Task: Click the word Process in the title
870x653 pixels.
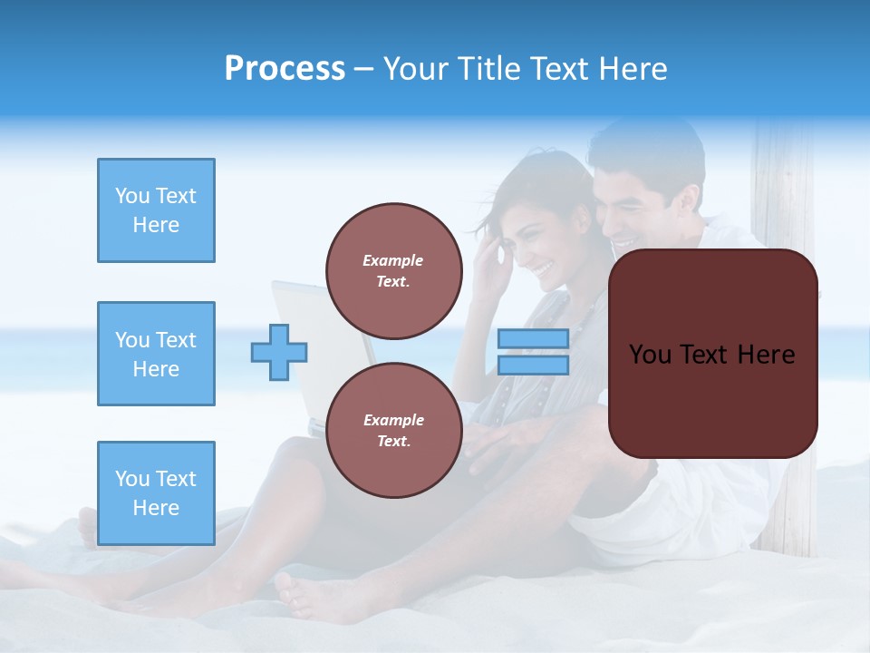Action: pos(285,69)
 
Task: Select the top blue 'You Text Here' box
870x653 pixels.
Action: pos(156,210)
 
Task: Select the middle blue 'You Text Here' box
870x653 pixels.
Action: pos(156,354)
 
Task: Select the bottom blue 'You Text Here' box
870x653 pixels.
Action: pos(156,493)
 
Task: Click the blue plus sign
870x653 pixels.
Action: pos(279,352)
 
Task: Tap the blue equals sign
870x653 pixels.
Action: pos(534,352)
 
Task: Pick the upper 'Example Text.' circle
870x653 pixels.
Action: pos(393,270)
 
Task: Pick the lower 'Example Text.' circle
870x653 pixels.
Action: pos(393,430)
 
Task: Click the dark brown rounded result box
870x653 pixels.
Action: pos(712,354)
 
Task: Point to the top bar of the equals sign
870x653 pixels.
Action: pos(534,339)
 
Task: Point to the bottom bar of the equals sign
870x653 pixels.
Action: pos(534,365)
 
